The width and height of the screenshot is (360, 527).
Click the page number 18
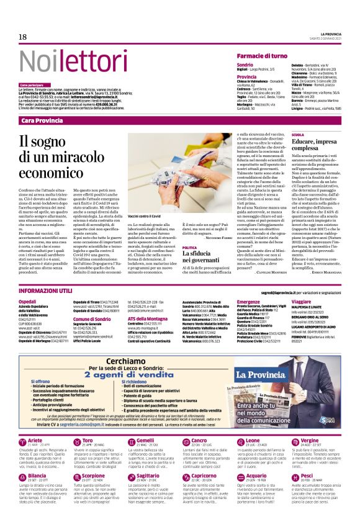[x=23, y=37]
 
